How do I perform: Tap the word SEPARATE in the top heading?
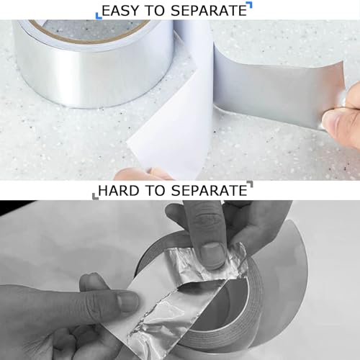(x=209, y=11)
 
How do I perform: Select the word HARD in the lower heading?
(x=119, y=191)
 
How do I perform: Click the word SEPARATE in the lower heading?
(x=209, y=191)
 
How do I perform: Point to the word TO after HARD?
(x=156, y=191)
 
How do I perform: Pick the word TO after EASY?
(x=156, y=11)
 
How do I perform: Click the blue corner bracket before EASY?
(x=99, y=16)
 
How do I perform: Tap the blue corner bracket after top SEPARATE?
(x=250, y=5)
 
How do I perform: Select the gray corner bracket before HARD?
(x=95, y=197)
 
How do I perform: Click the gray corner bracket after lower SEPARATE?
(x=250, y=184)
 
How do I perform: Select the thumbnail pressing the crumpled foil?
(x=213, y=255)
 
